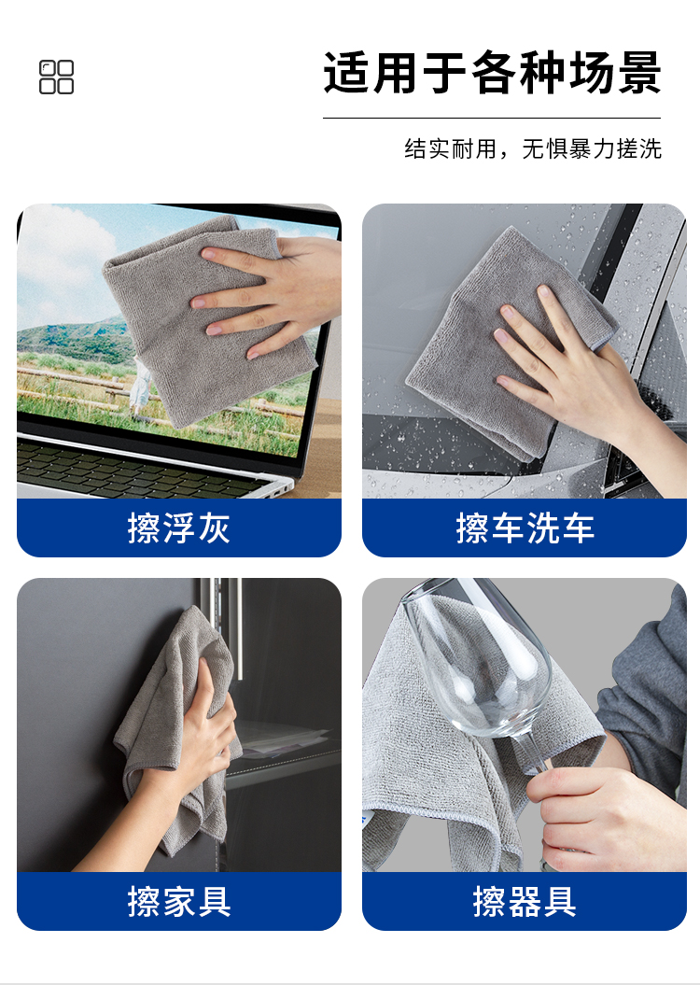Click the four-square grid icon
(x=57, y=77)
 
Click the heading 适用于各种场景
(x=492, y=73)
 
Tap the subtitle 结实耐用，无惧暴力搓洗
(x=532, y=148)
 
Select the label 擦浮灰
(x=179, y=528)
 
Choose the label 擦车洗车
(x=525, y=528)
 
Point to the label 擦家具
(x=179, y=902)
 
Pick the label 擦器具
(x=525, y=902)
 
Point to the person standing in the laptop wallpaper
(x=141, y=387)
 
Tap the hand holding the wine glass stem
(x=603, y=817)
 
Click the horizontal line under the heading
(x=492, y=118)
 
